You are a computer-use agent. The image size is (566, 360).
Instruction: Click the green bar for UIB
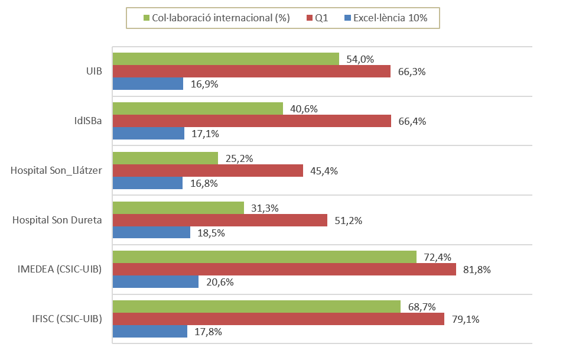(x=226, y=59)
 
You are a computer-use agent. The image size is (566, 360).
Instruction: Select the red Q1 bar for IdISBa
(x=252, y=121)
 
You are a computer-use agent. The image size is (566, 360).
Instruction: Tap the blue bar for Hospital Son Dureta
(x=151, y=232)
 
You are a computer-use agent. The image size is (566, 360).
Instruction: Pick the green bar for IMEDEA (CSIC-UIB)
(x=265, y=257)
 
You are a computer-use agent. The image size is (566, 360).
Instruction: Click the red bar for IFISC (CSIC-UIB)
(x=278, y=319)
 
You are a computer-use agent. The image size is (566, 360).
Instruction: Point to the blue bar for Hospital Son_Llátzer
(x=148, y=183)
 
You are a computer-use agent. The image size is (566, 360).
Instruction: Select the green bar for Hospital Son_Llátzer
(x=165, y=158)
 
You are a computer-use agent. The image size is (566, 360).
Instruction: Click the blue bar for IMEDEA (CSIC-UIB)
(x=155, y=282)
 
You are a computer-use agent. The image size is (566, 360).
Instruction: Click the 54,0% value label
(x=360, y=59)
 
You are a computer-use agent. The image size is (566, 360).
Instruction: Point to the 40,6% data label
(x=305, y=109)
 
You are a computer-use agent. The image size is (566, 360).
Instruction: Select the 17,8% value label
(x=208, y=332)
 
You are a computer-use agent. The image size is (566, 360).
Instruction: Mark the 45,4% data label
(x=324, y=171)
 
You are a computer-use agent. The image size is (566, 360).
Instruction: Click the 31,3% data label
(x=265, y=208)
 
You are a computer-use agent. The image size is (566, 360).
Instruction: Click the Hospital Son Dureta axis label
(x=57, y=220)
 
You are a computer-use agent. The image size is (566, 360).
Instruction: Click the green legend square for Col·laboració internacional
(x=147, y=18)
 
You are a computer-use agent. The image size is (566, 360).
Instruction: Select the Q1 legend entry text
(x=321, y=18)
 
